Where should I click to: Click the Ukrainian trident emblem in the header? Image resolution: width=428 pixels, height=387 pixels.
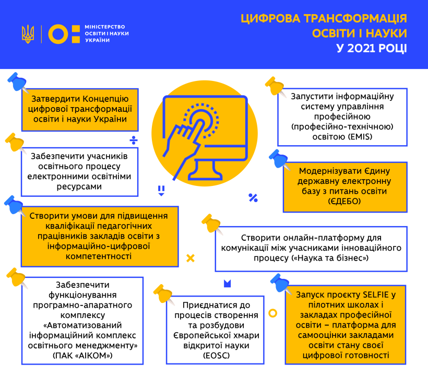click(x=28, y=34)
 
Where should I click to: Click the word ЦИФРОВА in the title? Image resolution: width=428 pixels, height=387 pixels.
click(x=269, y=19)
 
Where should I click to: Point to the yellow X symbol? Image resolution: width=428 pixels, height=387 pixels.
click(x=190, y=258)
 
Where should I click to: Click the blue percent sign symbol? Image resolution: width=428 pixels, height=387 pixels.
click(x=253, y=197)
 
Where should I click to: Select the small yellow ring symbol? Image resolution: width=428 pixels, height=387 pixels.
click(x=272, y=313)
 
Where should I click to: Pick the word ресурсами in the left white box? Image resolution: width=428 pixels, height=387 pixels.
click(x=80, y=186)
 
